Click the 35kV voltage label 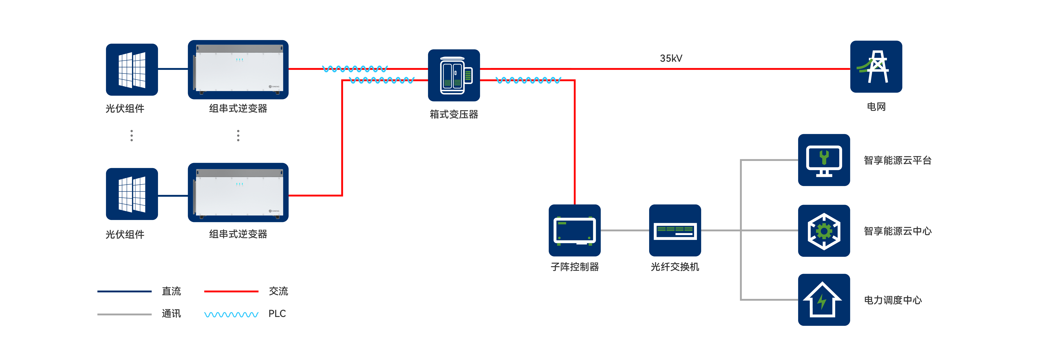(671, 58)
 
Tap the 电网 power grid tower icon (876, 67)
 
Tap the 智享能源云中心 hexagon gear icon (824, 231)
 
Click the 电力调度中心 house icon (824, 300)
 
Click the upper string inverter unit (238, 69)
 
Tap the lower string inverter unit (238, 193)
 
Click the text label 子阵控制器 (574, 267)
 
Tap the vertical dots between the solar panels (132, 136)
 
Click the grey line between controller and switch (625, 230)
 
